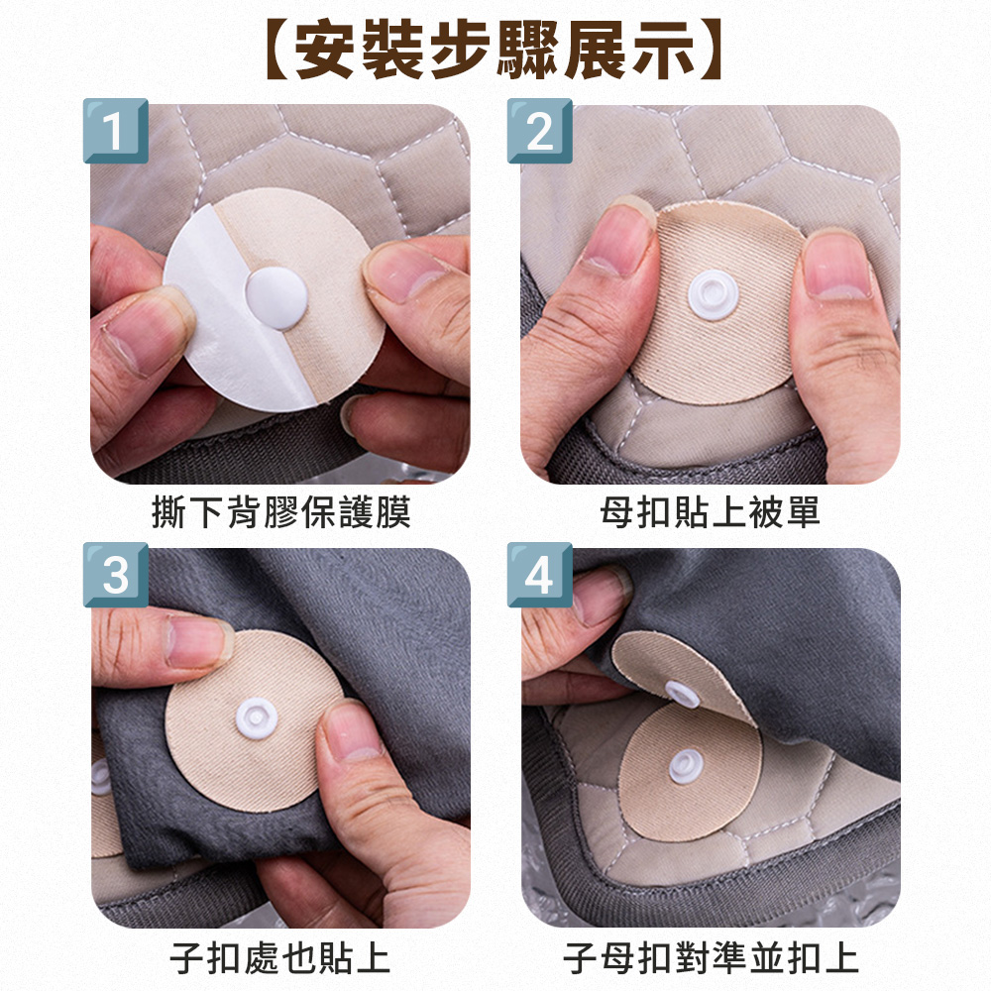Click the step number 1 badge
(x=116, y=131)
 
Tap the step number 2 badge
(x=540, y=131)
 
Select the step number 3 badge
(x=116, y=575)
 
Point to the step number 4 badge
(x=540, y=575)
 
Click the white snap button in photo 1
(x=276, y=297)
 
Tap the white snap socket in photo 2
(x=713, y=294)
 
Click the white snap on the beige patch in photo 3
(x=257, y=718)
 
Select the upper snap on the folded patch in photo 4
(x=682, y=694)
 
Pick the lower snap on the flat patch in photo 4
(x=686, y=766)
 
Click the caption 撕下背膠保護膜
(x=281, y=512)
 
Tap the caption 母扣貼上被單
(x=710, y=512)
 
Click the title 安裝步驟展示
(x=495, y=50)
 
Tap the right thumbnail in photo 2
(x=837, y=265)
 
